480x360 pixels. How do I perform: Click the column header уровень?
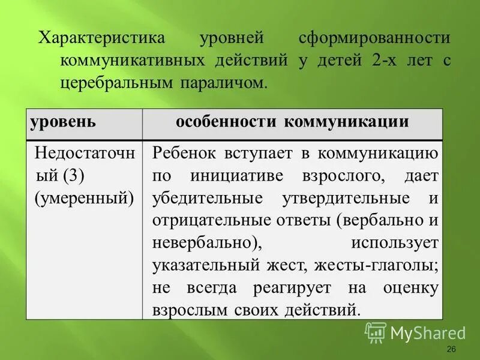(63, 122)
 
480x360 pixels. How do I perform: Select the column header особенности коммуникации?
(292, 122)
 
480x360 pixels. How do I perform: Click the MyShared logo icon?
(376, 331)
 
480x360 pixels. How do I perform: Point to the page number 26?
(452, 350)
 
